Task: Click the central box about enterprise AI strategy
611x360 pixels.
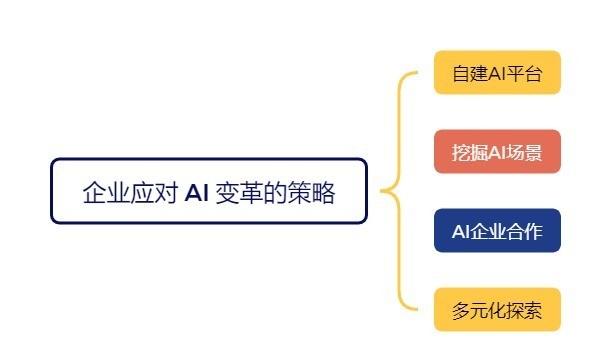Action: coord(209,191)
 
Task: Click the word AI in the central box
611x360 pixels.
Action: coord(197,192)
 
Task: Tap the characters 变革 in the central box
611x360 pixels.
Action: coord(237,192)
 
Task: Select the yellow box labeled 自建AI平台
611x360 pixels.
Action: coord(497,73)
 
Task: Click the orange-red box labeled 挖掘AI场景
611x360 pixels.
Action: coord(497,152)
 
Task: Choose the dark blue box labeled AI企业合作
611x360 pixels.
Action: coord(497,231)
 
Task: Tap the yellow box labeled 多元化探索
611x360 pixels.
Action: coord(497,310)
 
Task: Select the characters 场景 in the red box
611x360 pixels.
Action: coord(526,152)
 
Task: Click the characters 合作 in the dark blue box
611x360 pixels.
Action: coord(526,232)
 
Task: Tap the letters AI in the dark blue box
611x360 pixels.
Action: coord(461,232)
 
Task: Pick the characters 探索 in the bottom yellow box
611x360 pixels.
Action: coord(526,310)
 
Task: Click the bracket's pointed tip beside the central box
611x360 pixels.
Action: coord(382,191)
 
